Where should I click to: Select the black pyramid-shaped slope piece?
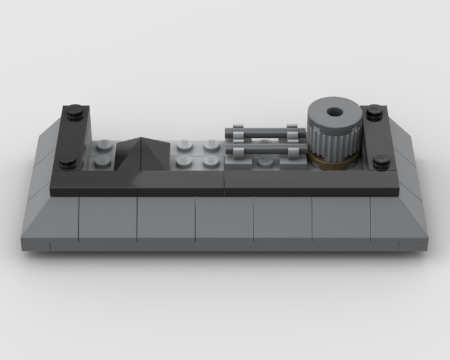coord(143,153)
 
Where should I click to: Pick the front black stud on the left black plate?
coord(68,162)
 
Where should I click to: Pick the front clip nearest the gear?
coord(292,154)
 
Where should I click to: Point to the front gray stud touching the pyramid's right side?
coord(183,162)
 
